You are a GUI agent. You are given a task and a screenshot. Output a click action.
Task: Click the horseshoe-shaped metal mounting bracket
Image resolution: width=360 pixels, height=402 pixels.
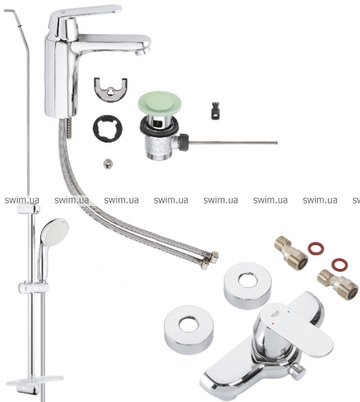[x=110, y=89]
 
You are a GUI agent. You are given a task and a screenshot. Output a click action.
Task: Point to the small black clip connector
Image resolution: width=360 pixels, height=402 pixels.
[x=216, y=111]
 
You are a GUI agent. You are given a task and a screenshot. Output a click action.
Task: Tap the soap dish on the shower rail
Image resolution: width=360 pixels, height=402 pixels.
[x=35, y=382]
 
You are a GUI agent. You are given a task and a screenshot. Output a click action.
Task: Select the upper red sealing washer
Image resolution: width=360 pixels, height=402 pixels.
[x=316, y=248]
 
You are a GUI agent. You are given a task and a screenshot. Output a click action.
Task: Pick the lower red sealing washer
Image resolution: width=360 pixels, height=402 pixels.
[x=340, y=265]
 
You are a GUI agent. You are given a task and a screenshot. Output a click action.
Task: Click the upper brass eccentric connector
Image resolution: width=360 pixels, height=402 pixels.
[x=291, y=250]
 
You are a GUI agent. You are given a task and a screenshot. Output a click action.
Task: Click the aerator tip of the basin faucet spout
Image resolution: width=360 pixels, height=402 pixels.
[x=140, y=53]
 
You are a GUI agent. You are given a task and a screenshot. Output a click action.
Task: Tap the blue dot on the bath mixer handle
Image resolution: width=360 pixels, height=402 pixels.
[x=289, y=313]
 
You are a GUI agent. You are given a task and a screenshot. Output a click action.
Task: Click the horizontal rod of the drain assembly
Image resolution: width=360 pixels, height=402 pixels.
[x=233, y=143]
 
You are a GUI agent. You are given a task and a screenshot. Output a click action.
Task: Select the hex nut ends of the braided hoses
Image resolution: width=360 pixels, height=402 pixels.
[x=210, y=259]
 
